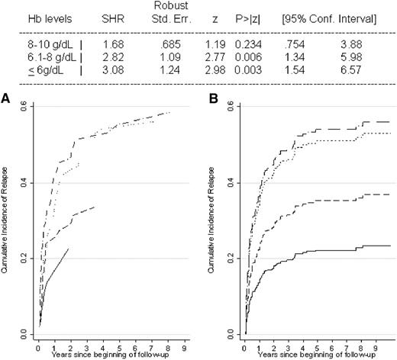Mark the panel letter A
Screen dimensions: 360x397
(x=6, y=98)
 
